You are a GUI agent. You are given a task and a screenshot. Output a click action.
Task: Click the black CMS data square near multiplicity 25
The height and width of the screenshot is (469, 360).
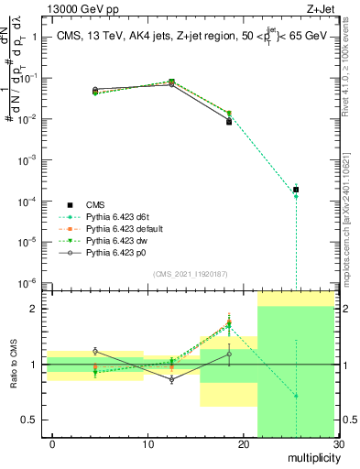tap(295, 190)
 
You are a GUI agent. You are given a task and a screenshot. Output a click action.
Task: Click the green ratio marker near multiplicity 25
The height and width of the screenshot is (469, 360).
tap(295, 396)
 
